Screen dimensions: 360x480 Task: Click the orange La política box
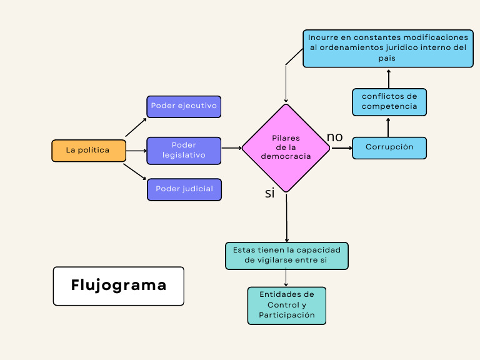tap(89, 151)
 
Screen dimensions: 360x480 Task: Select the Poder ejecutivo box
tap(184, 106)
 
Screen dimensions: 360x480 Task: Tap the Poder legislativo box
tap(184, 151)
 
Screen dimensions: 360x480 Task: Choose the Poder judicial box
tap(184, 189)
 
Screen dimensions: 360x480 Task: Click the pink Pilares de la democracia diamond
tap(286, 148)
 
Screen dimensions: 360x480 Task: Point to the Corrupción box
tap(389, 147)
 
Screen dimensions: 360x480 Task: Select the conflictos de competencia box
tap(389, 102)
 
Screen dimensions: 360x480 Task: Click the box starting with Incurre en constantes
tap(387, 48)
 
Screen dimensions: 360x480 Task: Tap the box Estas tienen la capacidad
tap(286, 256)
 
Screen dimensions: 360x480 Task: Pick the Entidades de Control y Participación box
tap(286, 306)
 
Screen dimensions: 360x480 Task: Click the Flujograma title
tap(119, 286)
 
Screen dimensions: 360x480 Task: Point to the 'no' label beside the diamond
tap(335, 137)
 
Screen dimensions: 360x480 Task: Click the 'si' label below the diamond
tap(269, 193)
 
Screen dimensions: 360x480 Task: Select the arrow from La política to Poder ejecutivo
tap(136, 126)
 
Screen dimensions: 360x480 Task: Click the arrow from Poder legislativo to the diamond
tap(231, 148)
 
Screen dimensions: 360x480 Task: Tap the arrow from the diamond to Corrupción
tap(341, 148)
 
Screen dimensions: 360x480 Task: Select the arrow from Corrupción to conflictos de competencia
tap(389, 127)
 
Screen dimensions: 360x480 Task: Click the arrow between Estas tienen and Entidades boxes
tap(286, 278)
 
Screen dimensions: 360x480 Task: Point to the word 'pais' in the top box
tap(387, 58)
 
